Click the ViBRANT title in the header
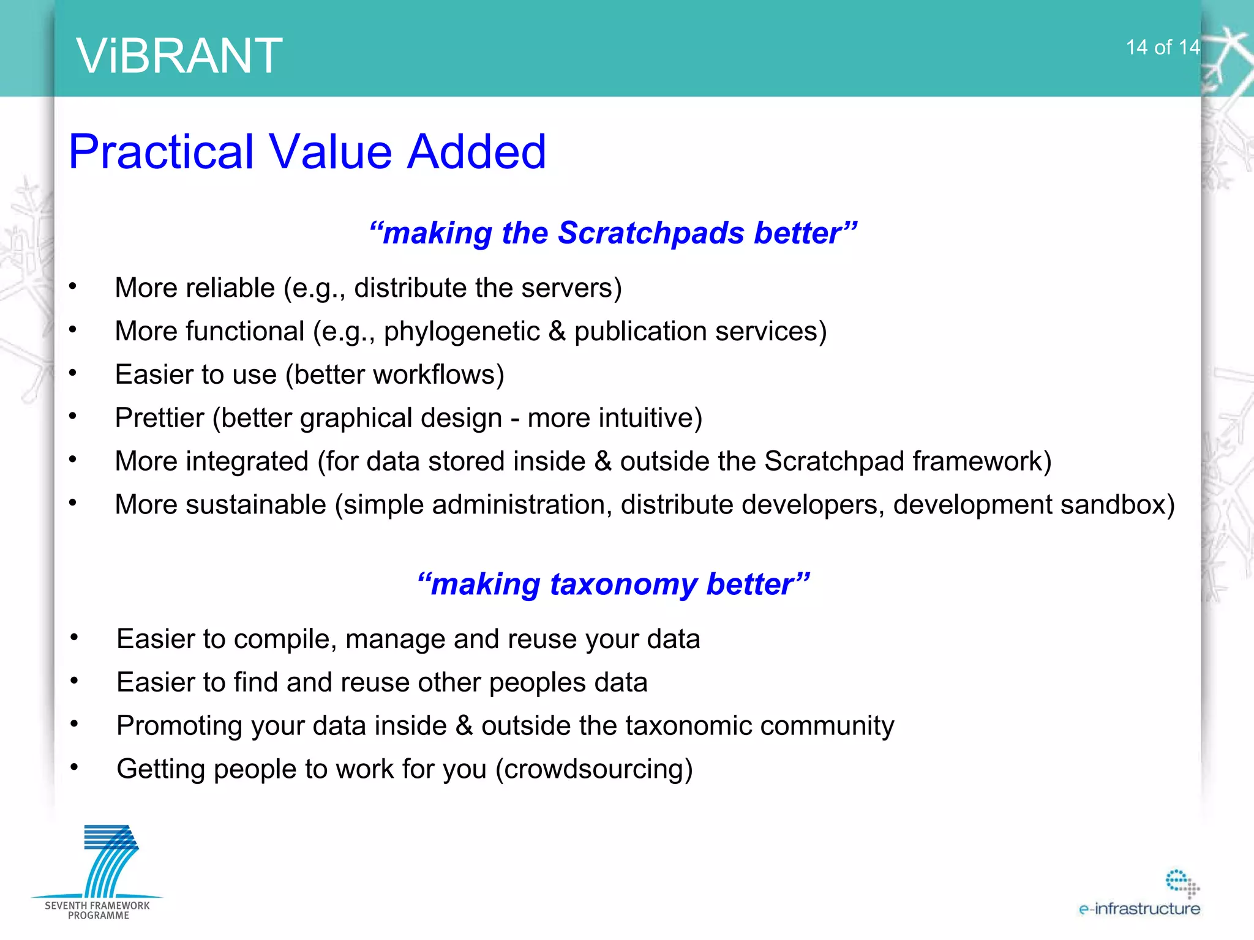179,56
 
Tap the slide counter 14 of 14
1162,48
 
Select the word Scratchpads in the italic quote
651,233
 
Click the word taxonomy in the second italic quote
623,584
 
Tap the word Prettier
159,418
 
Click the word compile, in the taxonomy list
285,640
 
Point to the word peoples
537,683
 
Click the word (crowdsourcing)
594,769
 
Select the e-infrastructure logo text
1139,909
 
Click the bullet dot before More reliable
73,286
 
